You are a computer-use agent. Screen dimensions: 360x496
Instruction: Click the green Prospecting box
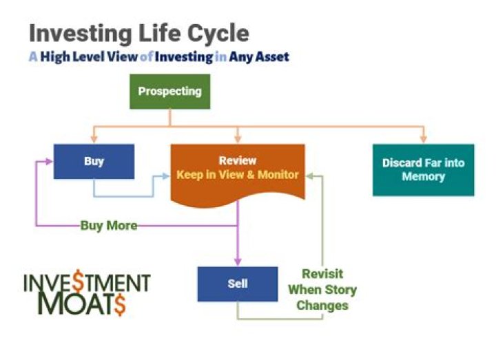(169, 92)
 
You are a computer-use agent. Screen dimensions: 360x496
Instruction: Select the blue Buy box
(94, 162)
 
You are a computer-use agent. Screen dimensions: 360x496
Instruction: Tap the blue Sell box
(237, 284)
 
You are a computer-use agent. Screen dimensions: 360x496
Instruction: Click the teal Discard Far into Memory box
(423, 170)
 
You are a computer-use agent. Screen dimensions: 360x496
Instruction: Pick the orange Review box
(238, 172)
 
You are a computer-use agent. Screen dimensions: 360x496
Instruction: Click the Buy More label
(109, 225)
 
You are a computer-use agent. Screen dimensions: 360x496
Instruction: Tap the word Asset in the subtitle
(270, 57)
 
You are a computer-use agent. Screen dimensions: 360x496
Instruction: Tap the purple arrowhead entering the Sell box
(237, 262)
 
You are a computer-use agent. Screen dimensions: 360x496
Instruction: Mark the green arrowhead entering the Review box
(311, 176)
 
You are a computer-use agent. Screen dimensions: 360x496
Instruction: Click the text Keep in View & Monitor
(238, 175)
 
